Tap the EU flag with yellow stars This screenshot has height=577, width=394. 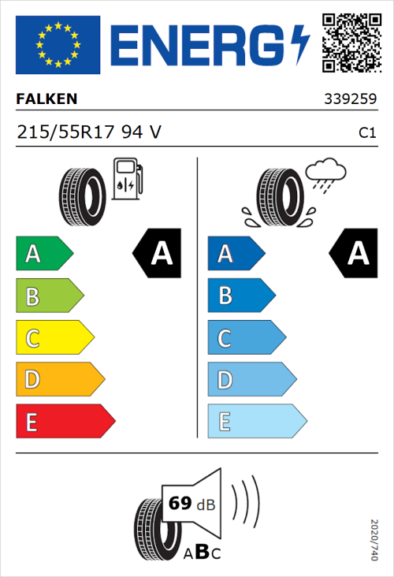(58, 45)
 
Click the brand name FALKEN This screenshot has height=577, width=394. (46, 99)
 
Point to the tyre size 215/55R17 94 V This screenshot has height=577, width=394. (88, 132)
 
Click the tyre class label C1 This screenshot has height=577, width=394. (366, 133)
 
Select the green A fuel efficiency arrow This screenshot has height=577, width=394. (44, 254)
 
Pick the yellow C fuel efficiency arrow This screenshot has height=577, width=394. (54, 338)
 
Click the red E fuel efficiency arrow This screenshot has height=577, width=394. (65, 422)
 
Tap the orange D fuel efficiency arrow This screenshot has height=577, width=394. (60, 380)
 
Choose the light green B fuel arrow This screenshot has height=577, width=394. (50, 296)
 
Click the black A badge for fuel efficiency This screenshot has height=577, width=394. (158, 254)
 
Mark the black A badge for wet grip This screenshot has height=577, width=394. (354, 254)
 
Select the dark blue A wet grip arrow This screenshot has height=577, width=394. (235, 254)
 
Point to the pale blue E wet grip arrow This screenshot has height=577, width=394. (256, 422)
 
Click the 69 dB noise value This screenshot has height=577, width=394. (188, 502)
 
